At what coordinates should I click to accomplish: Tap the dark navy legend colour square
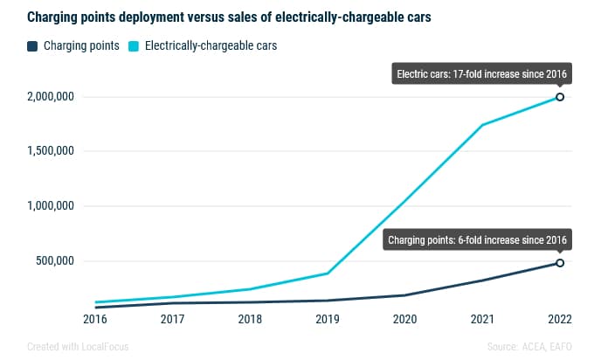[33, 45]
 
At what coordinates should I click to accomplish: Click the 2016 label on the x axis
[95, 320]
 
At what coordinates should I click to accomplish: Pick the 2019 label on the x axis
[328, 320]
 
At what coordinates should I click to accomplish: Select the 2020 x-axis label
[404, 320]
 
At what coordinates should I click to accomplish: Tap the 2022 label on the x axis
[559, 320]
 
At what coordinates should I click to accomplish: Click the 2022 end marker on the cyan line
[560, 97]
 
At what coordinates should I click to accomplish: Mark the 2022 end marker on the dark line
[560, 263]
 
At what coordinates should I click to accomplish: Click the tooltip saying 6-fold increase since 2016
[476, 239]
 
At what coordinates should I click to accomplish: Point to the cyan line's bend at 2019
[328, 273]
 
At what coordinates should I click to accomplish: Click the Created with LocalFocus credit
[78, 346]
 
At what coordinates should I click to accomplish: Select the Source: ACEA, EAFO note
[530, 346]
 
